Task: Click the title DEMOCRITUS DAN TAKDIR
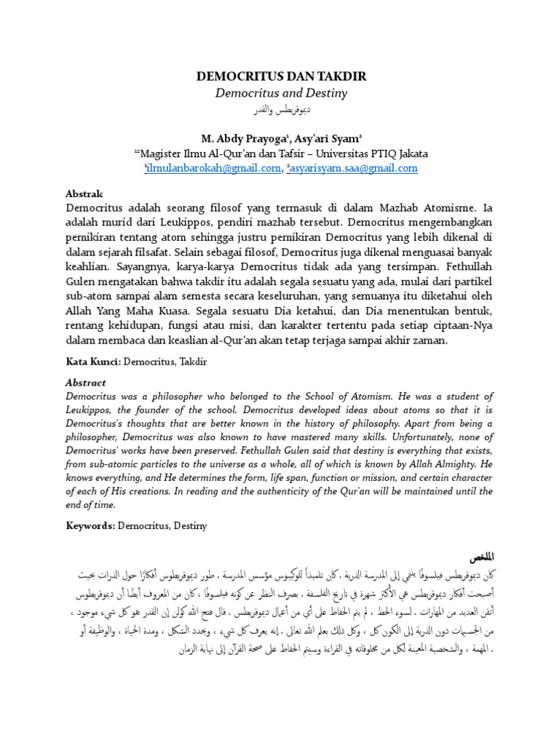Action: tap(281, 76)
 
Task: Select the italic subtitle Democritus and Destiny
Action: tap(281, 93)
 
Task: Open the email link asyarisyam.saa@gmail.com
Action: tap(354, 168)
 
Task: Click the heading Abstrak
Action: tap(84, 194)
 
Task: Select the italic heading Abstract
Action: tap(86, 383)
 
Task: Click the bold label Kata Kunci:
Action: tap(93, 360)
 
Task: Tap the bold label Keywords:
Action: tap(91, 525)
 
